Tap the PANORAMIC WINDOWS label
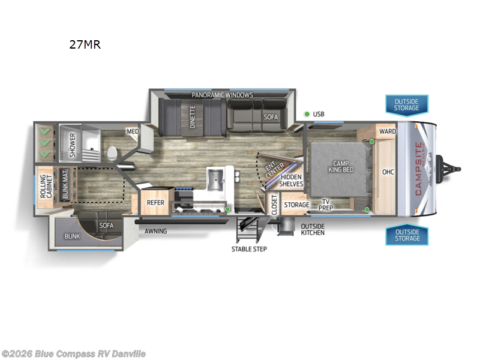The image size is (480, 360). pyautogui.click(x=222, y=95)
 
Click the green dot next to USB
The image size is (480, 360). pyautogui.click(x=307, y=114)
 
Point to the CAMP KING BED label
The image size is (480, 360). pyautogui.click(x=340, y=167)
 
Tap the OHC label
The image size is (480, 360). pyautogui.click(x=388, y=172)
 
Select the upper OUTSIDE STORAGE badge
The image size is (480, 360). pyautogui.click(x=406, y=105)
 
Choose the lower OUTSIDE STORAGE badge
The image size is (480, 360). pyautogui.click(x=406, y=235)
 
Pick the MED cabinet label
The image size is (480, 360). pyautogui.click(x=131, y=131)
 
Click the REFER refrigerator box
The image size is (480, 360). pyautogui.click(x=156, y=202)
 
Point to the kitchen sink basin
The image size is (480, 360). pyautogui.click(x=215, y=178)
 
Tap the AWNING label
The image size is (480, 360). pyautogui.click(x=155, y=231)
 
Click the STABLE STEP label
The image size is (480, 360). pyautogui.click(x=250, y=248)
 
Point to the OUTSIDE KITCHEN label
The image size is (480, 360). pyautogui.click(x=313, y=229)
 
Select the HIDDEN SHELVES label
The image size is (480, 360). pyautogui.click(x=292, y=180)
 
